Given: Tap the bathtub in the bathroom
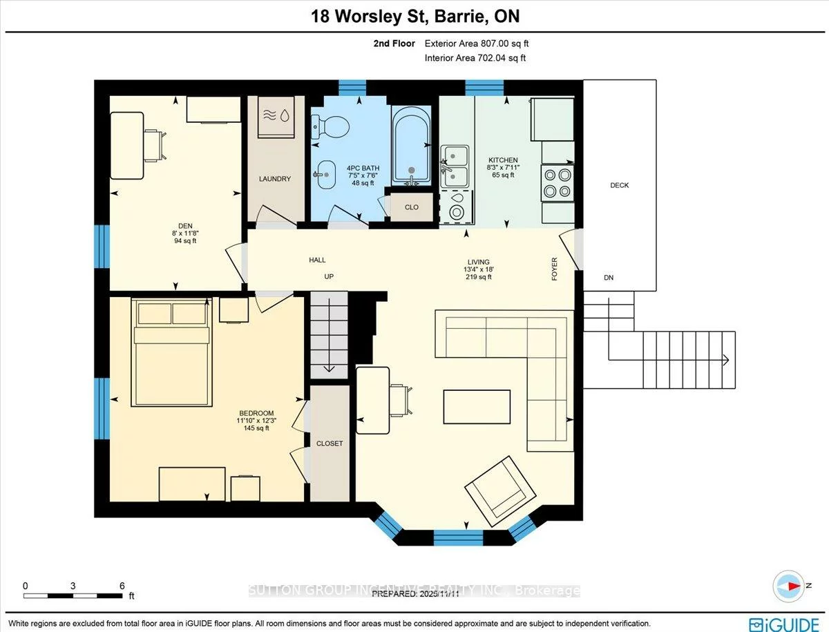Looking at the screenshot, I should pos(412,145).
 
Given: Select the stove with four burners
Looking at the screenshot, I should pos(558,183).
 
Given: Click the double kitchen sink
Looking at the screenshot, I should pos(455,166).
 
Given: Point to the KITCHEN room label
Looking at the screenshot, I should pos(522,160).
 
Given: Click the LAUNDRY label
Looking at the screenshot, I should pos(275,179).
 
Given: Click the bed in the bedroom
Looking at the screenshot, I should pos(171,352).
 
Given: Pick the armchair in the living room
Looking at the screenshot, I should pos(499,491).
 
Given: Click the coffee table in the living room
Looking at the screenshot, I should pos(477,406).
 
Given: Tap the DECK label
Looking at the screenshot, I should pos(619,185).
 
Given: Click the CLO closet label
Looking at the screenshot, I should pos(410,207).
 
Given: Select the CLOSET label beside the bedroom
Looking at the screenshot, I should pos(329,443).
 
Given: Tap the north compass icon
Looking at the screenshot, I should pos(787,586).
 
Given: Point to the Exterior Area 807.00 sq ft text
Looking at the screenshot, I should pos(477,44).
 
